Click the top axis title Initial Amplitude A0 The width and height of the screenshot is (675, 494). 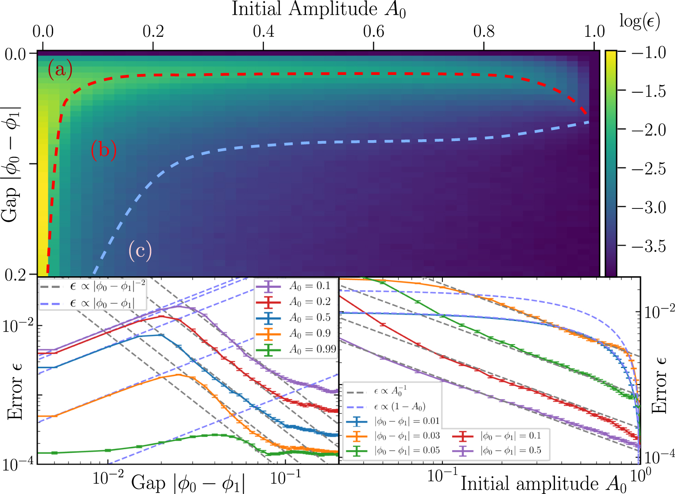pyautogui.click(x=318, y=10)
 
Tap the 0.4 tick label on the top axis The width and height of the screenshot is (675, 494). pyautogui.click(x=264, y=31)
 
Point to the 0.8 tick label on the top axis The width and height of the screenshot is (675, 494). pyautogui.click(x=484, y=31)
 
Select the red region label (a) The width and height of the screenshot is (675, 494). pyautogui.click(x=60, y=70)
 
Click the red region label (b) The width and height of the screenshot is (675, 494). pyautogui.click(x=104, y=149)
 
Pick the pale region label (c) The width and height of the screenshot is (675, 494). pyautogui.click(x=140, y=251)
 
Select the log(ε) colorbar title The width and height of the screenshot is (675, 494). pyautogui.click(x=639, y=21)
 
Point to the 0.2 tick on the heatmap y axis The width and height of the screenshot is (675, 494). pyautogui.click(x=16, y=275)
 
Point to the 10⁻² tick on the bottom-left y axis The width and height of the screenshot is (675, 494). pyautogui.click(x=18, y=326)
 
